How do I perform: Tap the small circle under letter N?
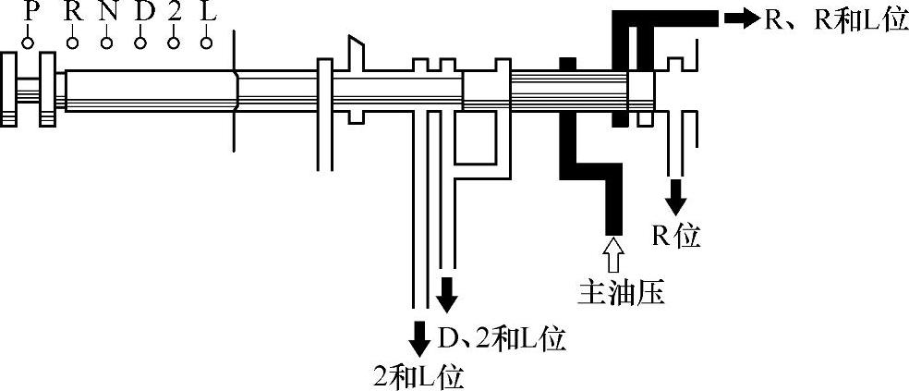click(106, 43)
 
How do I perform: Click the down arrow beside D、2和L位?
click(446, 296)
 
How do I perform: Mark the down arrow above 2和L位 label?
click(418, 336)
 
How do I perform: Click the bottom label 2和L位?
click(417, 374)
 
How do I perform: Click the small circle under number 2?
click(174, 43)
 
